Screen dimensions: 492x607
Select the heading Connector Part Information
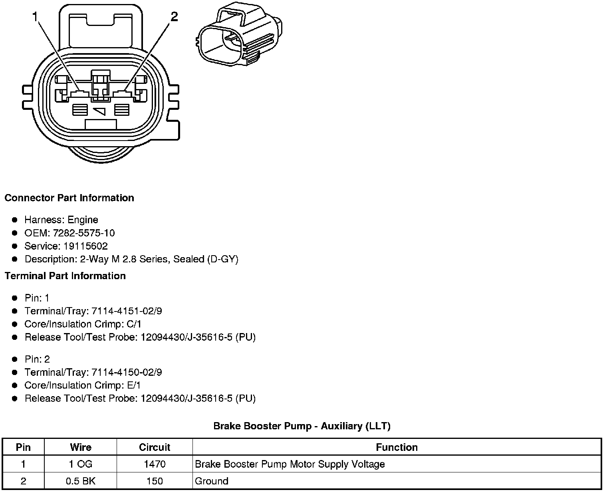69,198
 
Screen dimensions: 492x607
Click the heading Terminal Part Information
65,276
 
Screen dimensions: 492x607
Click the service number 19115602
85,246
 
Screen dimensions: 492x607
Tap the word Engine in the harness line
83,220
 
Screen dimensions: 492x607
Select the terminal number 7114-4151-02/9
127,311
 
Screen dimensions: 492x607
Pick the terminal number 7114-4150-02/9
127,372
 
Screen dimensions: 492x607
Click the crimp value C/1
133,324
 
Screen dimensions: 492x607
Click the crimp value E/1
133,385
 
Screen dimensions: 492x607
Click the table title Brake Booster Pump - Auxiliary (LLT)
302,426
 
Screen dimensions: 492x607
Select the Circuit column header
155,447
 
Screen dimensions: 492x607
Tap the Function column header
397,447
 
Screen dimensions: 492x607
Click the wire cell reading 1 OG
81,464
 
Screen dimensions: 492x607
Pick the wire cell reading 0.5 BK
81,481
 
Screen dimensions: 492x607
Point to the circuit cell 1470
155,464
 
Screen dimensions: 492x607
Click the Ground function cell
212,481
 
